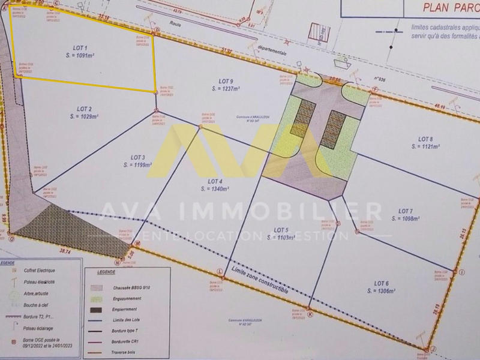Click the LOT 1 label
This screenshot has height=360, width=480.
(80, 47)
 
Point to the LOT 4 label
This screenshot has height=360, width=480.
(215, 181)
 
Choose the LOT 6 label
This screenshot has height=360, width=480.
(382, 283)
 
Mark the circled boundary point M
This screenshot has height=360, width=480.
(137, 243)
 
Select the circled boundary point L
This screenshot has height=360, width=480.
(221, 271)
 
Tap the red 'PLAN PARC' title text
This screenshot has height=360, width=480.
(446, 7)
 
